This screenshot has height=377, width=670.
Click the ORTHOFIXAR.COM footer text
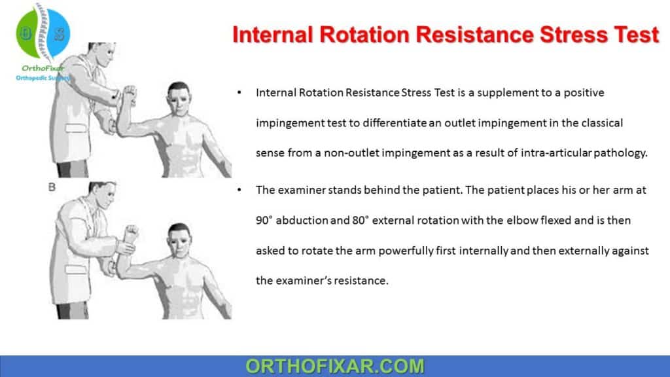(335, 365)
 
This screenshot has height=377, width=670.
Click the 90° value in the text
(267, 221)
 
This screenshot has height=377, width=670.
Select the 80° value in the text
(362, 221)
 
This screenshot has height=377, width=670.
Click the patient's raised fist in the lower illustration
(132, 233)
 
